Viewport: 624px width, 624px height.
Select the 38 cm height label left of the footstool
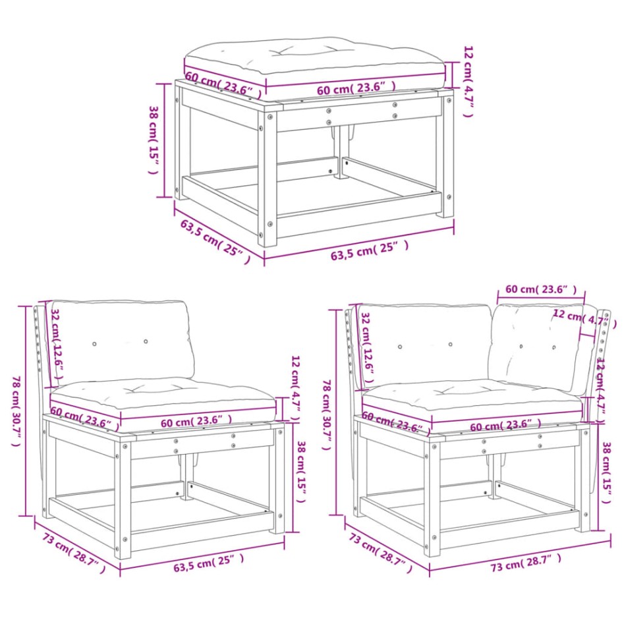(153, 139)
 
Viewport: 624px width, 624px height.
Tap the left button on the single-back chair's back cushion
(94, 344)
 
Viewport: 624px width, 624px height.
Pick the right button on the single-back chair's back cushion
(145, 342)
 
